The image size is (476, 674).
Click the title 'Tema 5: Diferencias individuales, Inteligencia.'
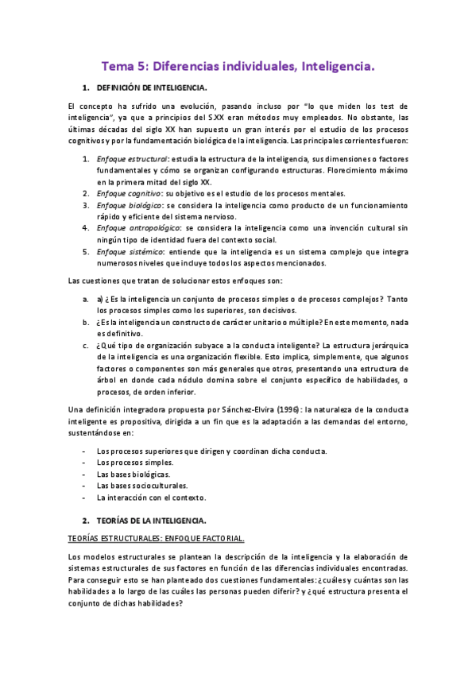pyautogui.click(x=238, y=68)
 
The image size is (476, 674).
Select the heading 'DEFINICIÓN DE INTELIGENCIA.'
pyautogui.click(x=152, y=87)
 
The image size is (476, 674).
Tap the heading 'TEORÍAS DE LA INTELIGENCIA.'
pyautogui.click(x=151, y=520)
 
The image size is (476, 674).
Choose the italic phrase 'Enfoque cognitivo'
pyautogui.click(x=129, y=193)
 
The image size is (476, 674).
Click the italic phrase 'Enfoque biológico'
pyautogui.click(x=128, y=205)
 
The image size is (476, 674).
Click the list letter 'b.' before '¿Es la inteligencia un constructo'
pyautogui.click(x=85, y=322)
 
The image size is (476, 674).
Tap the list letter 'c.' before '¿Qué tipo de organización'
pyautogui.click(x=85, y=346)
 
